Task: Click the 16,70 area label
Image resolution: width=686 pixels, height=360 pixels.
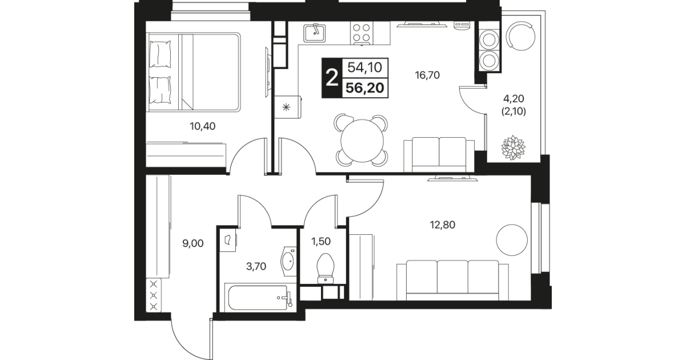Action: click(427, 75)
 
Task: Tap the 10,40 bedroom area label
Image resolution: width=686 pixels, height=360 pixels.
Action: click(202, 126)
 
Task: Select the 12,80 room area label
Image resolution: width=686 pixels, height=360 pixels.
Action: click(443, 225)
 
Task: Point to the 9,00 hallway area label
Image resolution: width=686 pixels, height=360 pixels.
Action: click(193, 243)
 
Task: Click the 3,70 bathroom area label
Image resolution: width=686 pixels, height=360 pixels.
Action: click(256, 266)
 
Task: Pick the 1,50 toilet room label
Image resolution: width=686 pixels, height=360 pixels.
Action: click(321, 242)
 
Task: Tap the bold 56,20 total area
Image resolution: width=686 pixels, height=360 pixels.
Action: click(365, 88)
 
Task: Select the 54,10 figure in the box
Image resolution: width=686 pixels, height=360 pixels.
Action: click(365, 67)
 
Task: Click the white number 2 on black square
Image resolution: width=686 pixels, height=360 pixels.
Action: click(332, 78)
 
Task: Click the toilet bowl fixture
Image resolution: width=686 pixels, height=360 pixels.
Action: click(325, 269)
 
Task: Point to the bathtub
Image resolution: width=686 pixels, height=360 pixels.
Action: click(259, 298)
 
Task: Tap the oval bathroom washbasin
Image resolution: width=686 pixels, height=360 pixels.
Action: click(288, 261)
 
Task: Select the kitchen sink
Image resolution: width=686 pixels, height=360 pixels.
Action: click(315, 33)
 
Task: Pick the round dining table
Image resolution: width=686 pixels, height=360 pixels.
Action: click(362, 141)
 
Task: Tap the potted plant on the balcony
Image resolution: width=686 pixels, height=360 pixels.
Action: click(513, 147)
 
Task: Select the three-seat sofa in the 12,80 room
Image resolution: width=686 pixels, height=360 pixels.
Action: click(452, 281)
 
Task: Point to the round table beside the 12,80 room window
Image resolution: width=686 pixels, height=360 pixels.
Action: click(512, 240)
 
